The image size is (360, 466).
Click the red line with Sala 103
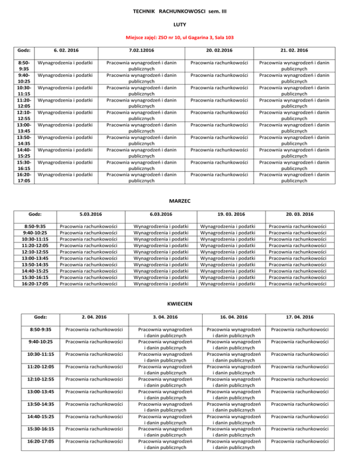pyautogui.click(x=180, y=37)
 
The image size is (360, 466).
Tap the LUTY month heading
pyautogui.click(x=180, y=23)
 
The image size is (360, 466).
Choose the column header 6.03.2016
pyautogui.click(x=161, y=214)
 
